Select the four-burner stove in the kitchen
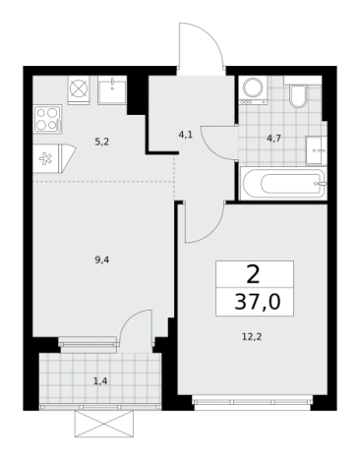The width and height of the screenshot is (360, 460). pos(48,119)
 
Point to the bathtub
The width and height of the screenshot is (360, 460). pos(282,182)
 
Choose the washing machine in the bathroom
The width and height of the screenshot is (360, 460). pos(255,89)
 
